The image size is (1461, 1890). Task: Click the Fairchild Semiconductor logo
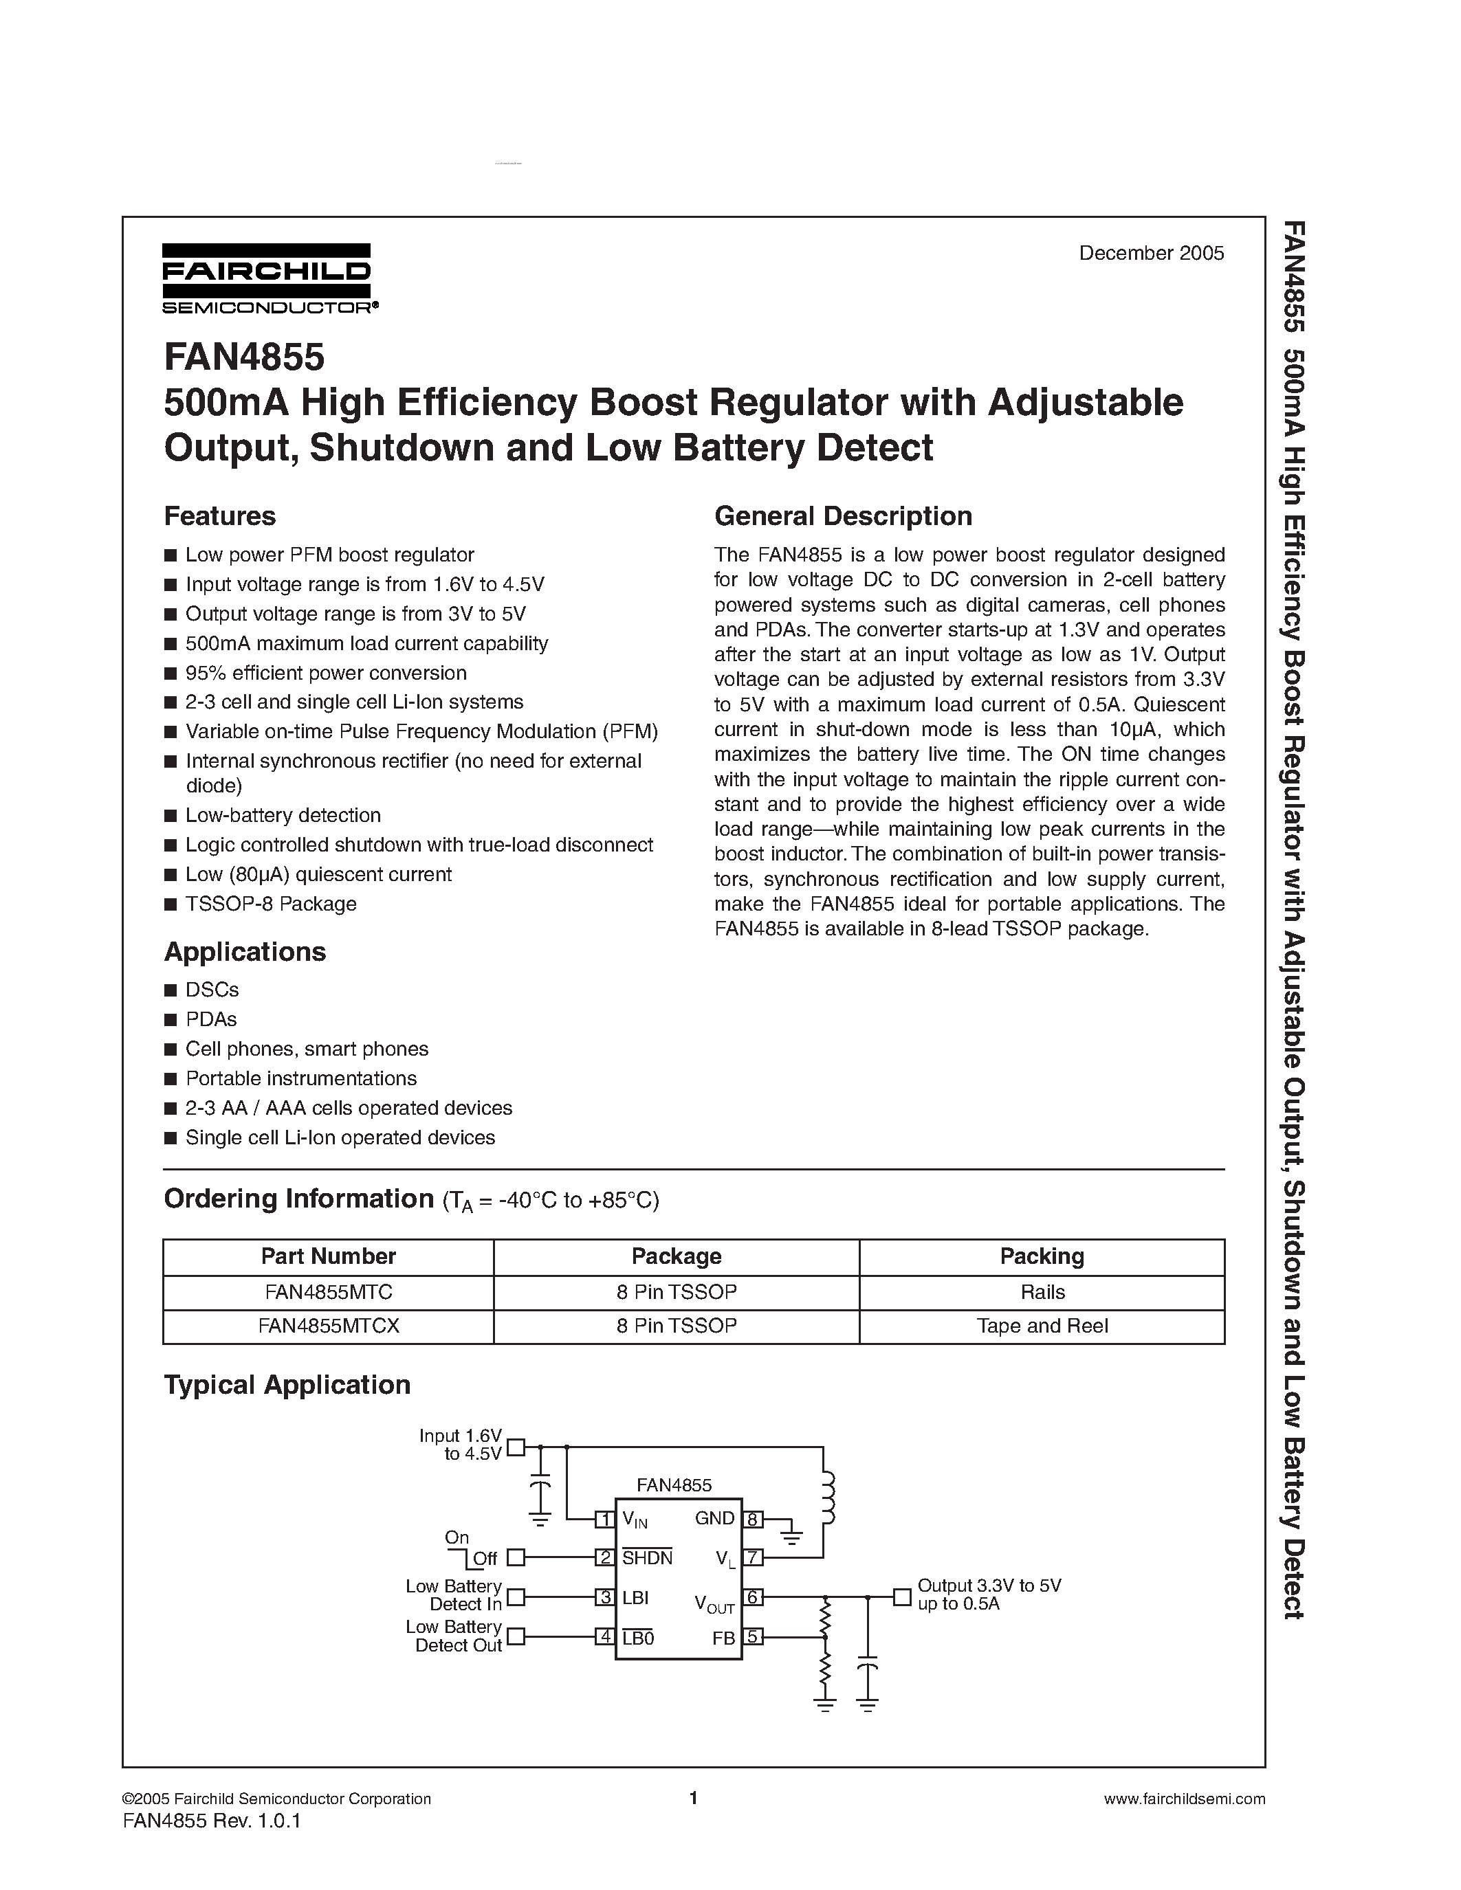267,277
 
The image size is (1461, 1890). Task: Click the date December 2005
1150,253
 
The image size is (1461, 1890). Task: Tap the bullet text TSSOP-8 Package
271,904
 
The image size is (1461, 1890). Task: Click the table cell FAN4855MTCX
329,1326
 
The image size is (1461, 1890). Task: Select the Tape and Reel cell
1042,1326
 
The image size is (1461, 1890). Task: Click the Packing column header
1042,1256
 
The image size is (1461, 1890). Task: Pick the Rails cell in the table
1042,1292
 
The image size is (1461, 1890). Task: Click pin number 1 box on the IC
605,1519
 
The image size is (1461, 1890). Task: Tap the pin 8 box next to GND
753,1519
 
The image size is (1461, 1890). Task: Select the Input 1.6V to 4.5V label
461,1445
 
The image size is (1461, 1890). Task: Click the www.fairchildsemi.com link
1184,1799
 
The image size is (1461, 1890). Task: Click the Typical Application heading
287,1385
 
